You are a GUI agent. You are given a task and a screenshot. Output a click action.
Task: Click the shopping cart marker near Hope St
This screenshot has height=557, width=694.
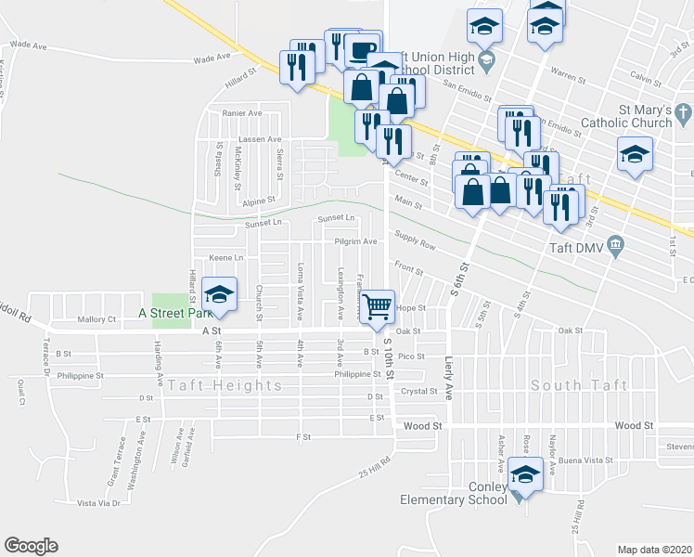click(x=377, y=305)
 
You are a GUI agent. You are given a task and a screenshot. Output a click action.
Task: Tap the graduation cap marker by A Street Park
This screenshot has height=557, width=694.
click(x=218, y=294)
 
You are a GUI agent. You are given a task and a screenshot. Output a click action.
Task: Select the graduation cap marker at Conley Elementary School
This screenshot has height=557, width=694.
click(x=525, y=476)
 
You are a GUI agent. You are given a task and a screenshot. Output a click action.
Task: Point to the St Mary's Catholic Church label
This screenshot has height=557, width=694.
click(x=625, y=116)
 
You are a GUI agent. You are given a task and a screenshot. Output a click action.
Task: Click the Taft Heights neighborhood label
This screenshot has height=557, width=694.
click(x=225, y=384)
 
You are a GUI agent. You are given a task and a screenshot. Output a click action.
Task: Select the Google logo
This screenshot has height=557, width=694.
click(x=31, y=545)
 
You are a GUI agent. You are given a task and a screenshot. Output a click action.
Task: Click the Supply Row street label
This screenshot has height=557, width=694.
click(x=414, y=243)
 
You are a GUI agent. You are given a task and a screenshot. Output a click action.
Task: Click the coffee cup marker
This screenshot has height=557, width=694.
click(x=362, y=49)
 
